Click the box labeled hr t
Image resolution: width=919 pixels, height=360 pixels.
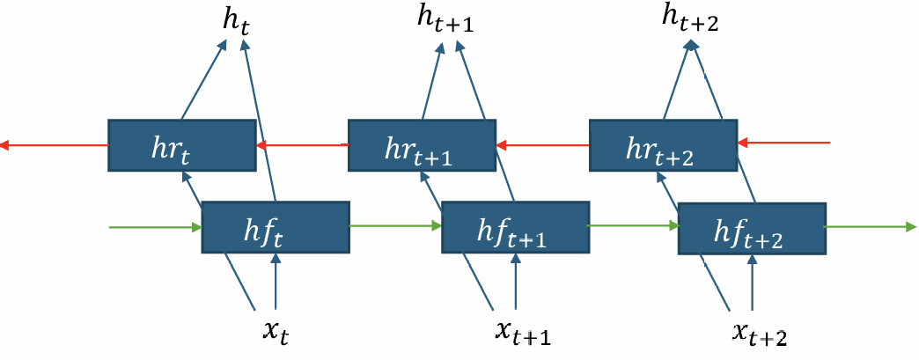click(181, 145)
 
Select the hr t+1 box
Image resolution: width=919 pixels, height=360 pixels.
click(422, 145)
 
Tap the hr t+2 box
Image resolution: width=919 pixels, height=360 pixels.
click(662, 145)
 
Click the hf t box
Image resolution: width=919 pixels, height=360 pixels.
click(276, 228)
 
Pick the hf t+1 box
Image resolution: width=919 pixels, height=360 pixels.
click(515, 228)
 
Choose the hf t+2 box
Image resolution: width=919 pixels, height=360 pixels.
click(751, 229)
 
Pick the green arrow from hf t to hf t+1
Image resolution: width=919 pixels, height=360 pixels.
click(395, 226)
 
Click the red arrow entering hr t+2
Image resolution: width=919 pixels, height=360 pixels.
click(783, 142)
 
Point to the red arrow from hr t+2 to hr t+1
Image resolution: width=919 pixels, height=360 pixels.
click(541, 144)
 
